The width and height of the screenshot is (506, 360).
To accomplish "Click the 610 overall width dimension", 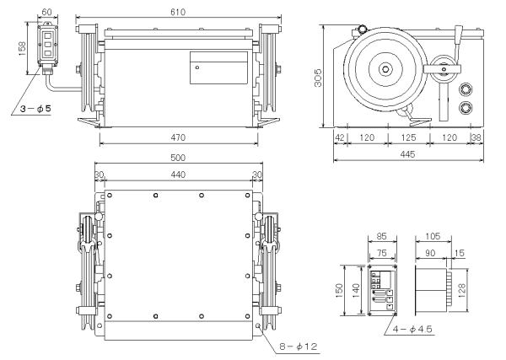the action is [178, 12].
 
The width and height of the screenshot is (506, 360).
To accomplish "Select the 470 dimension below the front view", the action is [178, 137].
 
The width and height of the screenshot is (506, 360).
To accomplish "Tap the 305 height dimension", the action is [318, 78].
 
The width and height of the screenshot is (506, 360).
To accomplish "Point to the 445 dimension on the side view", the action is [407, 154].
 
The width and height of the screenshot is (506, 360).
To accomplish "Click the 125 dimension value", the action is [408, 137].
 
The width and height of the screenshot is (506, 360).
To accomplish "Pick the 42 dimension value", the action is [340, 137].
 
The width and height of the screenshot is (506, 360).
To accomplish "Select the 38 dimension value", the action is [476, 137].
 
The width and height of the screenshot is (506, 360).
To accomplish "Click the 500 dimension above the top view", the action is [178, 158].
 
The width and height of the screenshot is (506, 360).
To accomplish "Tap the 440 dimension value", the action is [178, 175].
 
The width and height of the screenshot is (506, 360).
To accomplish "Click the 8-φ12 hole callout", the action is [299, 347].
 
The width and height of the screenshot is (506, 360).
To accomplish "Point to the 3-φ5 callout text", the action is [35, 109].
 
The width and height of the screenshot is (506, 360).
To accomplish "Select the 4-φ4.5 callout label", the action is [412, 330].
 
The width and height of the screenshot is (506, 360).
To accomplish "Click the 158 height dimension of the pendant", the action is [22, 48].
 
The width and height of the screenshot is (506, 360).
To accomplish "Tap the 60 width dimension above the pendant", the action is [46, 12].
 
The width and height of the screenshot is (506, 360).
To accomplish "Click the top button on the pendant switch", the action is [48, 35].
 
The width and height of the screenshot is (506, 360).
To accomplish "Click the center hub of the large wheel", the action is [385, 68].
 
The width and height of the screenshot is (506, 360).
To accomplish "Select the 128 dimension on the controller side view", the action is [462, 290].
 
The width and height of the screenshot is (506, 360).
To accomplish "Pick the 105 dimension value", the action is [433, 236].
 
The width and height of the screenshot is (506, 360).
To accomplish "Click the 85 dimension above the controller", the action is [382, 236].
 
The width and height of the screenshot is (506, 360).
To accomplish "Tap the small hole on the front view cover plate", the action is [197, 67].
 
